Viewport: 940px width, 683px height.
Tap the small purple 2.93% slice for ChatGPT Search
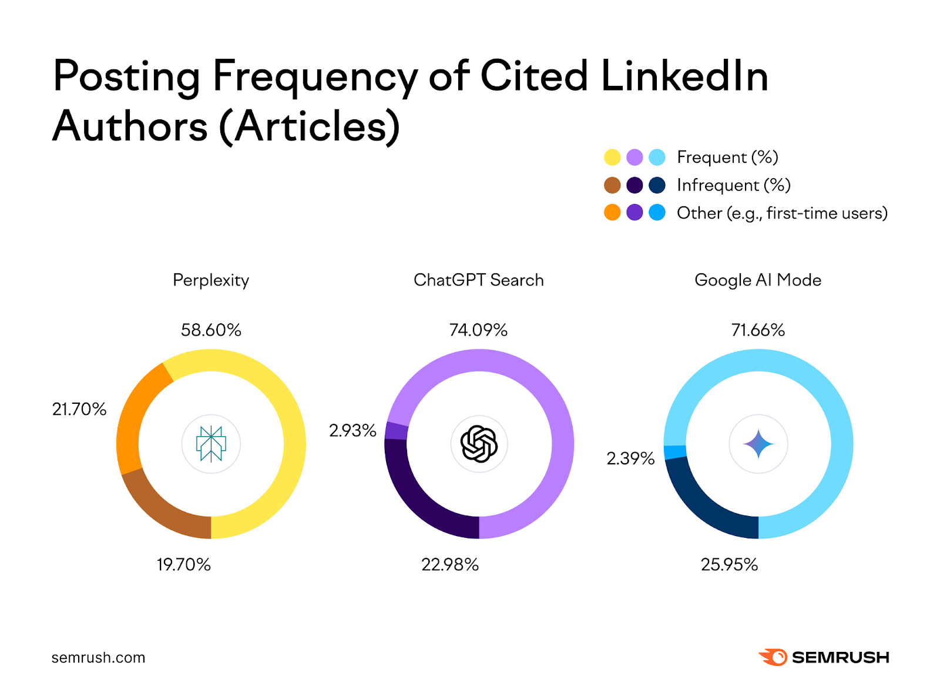(397, 431)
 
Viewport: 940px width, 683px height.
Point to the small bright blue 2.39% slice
(676, 452)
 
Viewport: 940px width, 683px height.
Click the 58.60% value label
(211, 330)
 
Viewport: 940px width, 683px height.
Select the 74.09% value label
(478, 330)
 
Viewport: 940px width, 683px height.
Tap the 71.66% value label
(758, 330)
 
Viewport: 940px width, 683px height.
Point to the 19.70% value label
(183, 565)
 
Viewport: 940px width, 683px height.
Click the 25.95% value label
(729, 565)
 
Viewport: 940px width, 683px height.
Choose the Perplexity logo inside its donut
(211, 444)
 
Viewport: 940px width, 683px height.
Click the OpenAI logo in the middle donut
(479, 444)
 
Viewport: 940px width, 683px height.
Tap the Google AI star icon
(758, 444)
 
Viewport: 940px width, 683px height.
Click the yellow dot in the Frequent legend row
(612, 158)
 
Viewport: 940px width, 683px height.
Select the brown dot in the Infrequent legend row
(612, 185)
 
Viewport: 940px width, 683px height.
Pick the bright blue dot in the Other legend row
(657, 213)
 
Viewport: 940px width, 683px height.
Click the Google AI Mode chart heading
(758, 280)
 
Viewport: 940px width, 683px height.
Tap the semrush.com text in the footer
(98, 658)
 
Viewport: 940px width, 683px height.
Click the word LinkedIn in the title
(684, 76)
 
